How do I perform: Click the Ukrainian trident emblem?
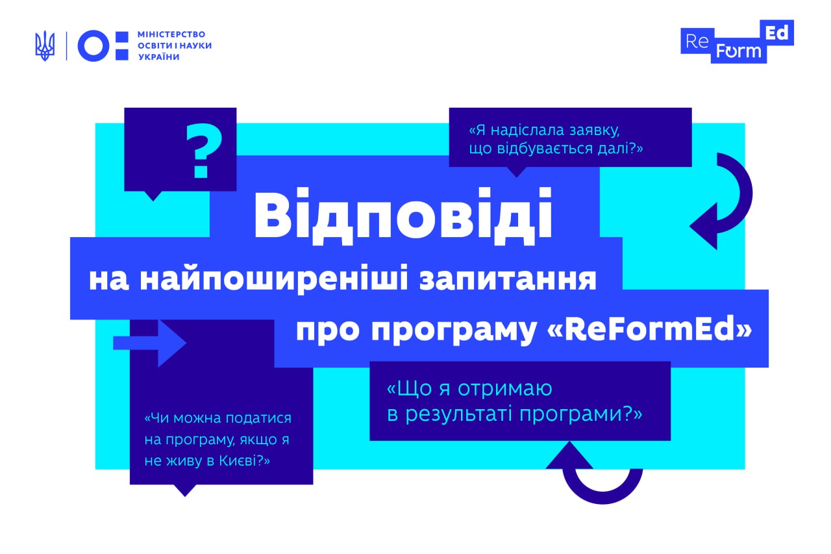tap(45, 46)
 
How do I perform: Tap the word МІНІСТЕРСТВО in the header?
tap(171, 34)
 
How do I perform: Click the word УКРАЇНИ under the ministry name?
tap(159, 57)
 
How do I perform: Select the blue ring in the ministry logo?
tap(93, 46)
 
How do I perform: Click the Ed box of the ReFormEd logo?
tap(777, 33)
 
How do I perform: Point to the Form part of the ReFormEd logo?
tap(739, 51)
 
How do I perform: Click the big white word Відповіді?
tap(403, 216)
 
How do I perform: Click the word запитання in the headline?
tap(508, 280)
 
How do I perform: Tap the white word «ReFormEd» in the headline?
tap(650, 329)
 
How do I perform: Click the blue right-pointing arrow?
tap(149, 343)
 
